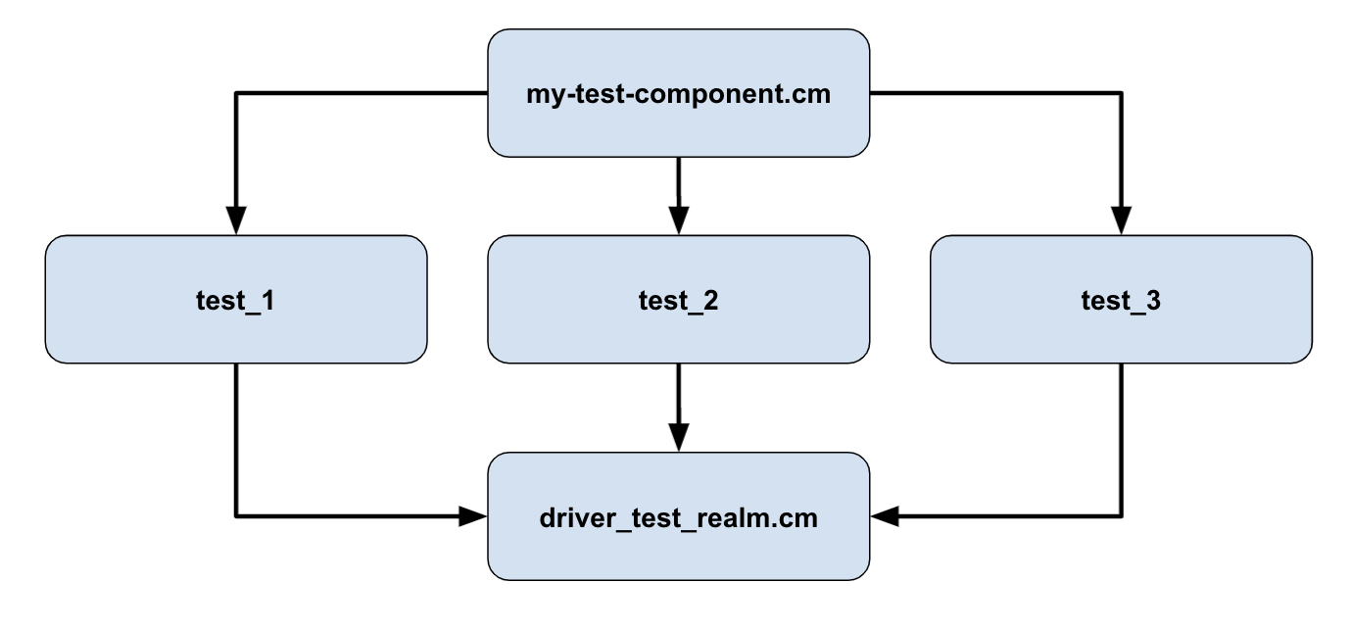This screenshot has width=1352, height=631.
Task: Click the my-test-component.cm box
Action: pyautogui.click(x=678, y=93)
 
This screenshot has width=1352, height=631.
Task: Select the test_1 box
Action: pyautogui.click(x=236, y=300)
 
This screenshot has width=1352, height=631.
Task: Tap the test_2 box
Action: pyautogui.click(x=678, y=300)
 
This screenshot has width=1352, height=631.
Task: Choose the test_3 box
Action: pyautogui.click(x=1121, y=300)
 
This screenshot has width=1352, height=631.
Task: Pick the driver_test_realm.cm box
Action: pyautogui.click(x=678, y=515)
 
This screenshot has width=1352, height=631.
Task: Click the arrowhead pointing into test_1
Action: pyautogui.click(x=236, y=221)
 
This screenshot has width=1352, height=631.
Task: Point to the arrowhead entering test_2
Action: pyautogui.click(x=678, y=221)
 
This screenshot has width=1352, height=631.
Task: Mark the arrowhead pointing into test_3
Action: pyautogui.click(x=1121, y=221)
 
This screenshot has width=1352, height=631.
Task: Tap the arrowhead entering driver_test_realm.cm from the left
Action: pyautogui.click(x=474, y=515)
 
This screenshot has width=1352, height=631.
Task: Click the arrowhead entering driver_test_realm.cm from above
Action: pyautogui.click(x=678, y=437)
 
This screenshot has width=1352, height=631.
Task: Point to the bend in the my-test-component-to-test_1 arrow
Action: pyautogui.click(x=236, y=93)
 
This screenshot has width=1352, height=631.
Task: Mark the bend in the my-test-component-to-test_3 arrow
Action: pyautogui.click(x=1121, y=93)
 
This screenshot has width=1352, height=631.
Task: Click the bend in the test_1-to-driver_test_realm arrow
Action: pyautogui.click(x=236, y=515)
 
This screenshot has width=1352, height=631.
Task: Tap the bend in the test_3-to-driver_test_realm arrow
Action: pyautogui.click(x=1121, y=515)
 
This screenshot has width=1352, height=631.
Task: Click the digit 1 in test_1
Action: pyautogui.click(x=266, y=301)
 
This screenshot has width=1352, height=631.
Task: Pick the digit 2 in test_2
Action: pyautogui.click(x=709, y=301)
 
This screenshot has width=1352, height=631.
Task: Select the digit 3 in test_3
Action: pyautogui.click(x=1152, y=301)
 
